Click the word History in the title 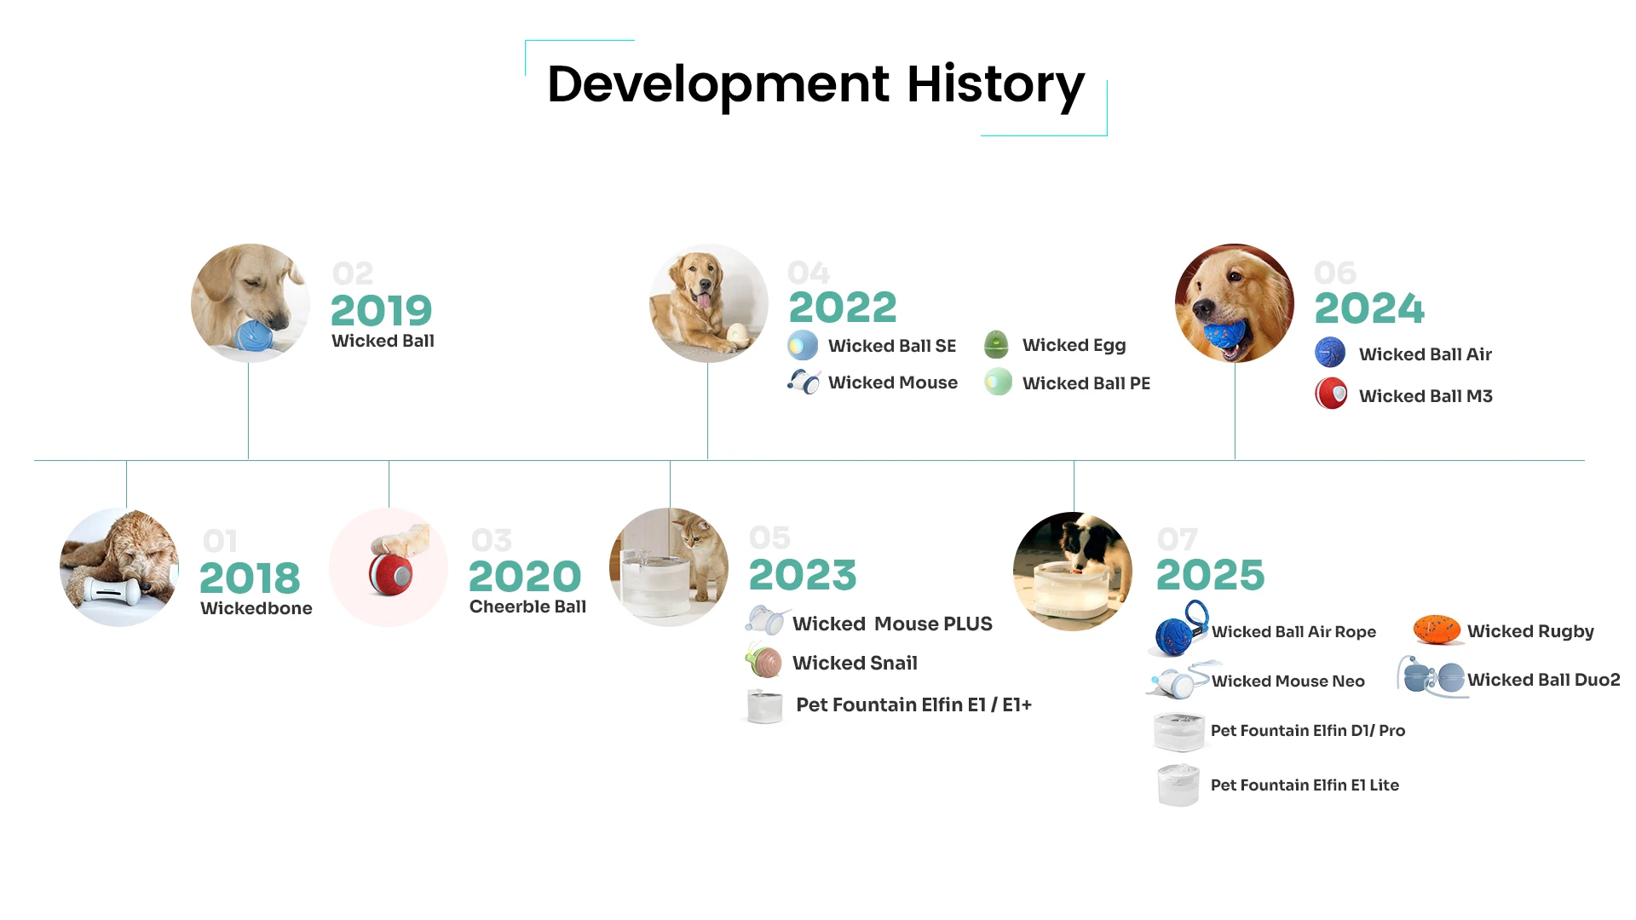995,85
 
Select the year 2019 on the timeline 381,310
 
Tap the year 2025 1210,574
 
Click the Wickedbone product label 256,608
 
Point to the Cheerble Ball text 527,607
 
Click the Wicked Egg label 1074,345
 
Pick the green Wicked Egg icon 996,344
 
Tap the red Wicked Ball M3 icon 1331,394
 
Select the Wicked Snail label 855,663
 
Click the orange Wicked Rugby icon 1437,630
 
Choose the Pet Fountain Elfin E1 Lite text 1305,785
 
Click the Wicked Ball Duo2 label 1543,680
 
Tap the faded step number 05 769,538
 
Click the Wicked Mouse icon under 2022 804,382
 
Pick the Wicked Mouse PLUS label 892,624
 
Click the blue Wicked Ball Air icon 1330,352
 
